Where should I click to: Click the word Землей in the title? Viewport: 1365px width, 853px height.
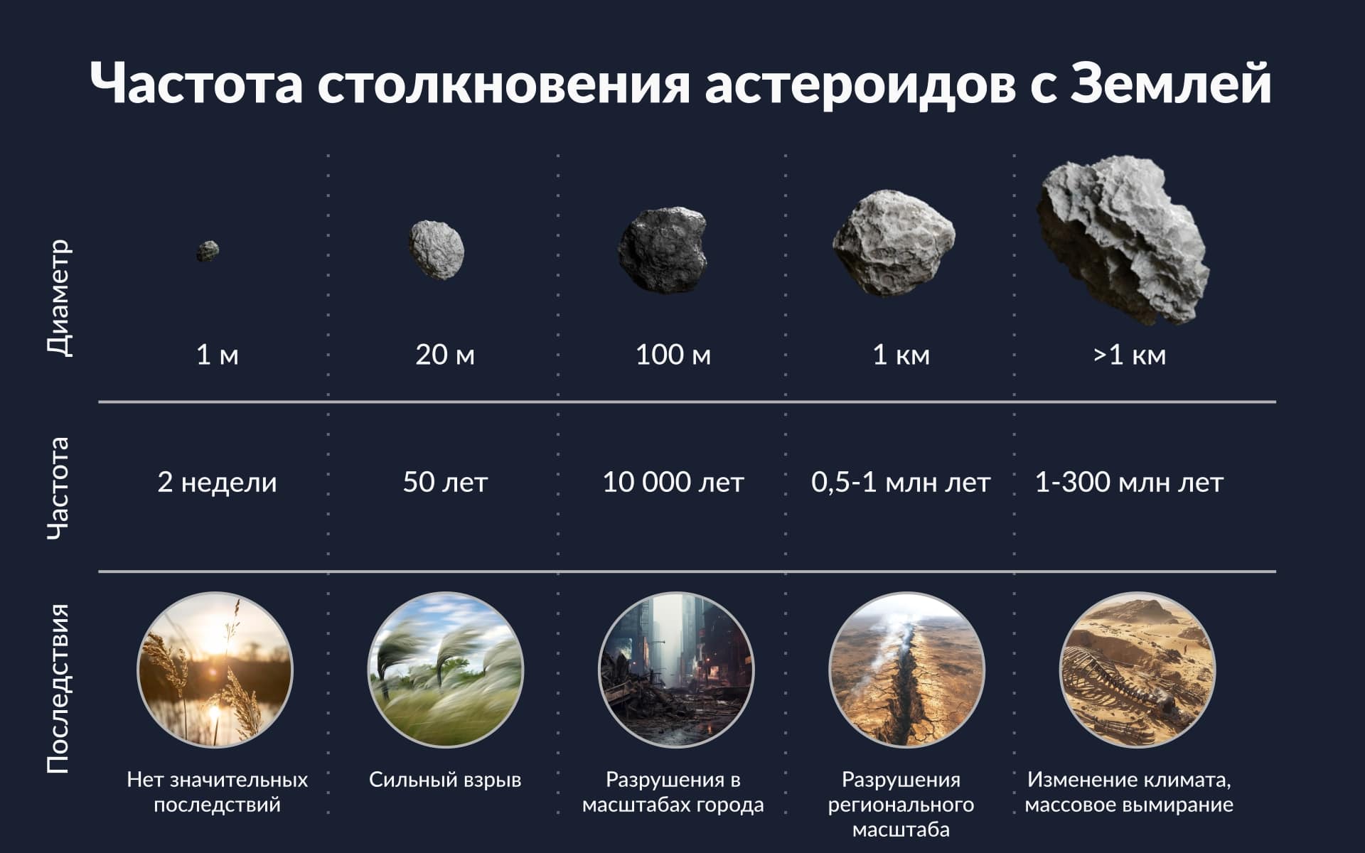point(1170,83)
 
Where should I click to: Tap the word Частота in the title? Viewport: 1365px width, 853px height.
point(197,83)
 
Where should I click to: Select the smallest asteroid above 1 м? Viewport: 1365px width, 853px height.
point(208,251)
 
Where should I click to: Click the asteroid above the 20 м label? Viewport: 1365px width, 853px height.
point(437,250)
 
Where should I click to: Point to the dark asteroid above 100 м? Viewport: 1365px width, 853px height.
point(663,250)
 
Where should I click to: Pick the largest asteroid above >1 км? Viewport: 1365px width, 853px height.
point(1123,239)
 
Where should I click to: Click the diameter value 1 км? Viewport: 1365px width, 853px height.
point(901,355)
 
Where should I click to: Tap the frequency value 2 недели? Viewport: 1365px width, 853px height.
point(217,483)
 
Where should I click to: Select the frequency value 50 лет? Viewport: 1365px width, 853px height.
point(445,483)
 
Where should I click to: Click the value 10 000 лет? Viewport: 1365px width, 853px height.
point(673,483)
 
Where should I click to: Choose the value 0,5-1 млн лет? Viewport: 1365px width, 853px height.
point(901,483)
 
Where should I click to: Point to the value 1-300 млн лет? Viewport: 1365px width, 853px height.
point(1129,483)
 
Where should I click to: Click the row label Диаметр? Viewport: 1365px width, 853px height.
point(59,297)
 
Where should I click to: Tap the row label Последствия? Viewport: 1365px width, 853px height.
point(58,688)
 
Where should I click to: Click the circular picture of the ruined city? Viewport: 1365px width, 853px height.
point(676,670)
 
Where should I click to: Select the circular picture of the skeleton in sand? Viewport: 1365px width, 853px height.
point(1137,670)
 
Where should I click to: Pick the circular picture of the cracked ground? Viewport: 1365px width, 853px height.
point(907,670)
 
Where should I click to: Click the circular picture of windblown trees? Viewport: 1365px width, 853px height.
point(446,670)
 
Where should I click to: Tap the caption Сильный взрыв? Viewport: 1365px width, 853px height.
point(445,780)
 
